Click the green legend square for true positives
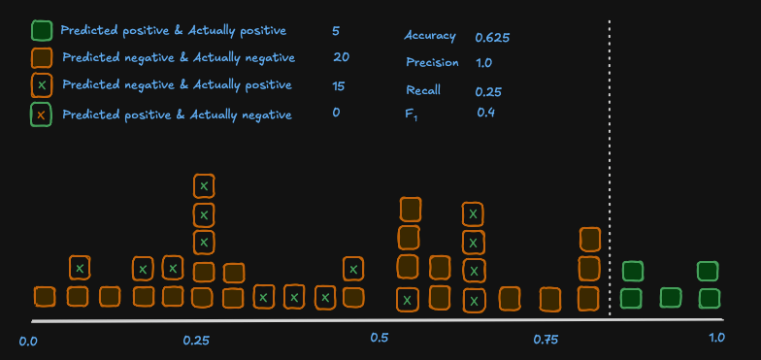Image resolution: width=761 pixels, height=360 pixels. point(41,31)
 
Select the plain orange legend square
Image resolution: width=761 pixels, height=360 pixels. point(41,58)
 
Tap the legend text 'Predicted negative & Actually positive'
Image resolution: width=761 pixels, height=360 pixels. point(177,85)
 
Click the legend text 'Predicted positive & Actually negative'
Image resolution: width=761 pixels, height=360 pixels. point(177,115)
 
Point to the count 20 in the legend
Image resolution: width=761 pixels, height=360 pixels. point(341,57)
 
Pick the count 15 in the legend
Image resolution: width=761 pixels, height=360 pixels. point(338,85)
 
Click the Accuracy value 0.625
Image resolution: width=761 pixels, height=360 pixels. point(492,38)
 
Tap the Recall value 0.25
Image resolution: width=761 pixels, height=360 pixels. point(487,92)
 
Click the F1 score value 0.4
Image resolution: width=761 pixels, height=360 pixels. point(485,113)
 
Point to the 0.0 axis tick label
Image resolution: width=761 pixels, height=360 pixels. point(28,341)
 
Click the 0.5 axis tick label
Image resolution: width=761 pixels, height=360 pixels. point(380,339)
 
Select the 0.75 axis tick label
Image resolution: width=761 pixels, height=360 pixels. point(546,340)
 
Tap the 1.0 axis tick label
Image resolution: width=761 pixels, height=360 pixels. point(716,338)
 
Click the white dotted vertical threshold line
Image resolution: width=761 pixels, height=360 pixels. point(610,165)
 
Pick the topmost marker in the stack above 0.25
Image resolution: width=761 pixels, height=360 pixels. point(203,185)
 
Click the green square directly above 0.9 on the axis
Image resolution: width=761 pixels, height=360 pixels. point(670,297)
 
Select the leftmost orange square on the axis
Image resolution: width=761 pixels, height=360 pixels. point(45,297)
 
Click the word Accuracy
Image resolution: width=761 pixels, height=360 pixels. point(429,36)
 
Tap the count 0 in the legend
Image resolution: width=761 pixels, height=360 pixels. point(336,113)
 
